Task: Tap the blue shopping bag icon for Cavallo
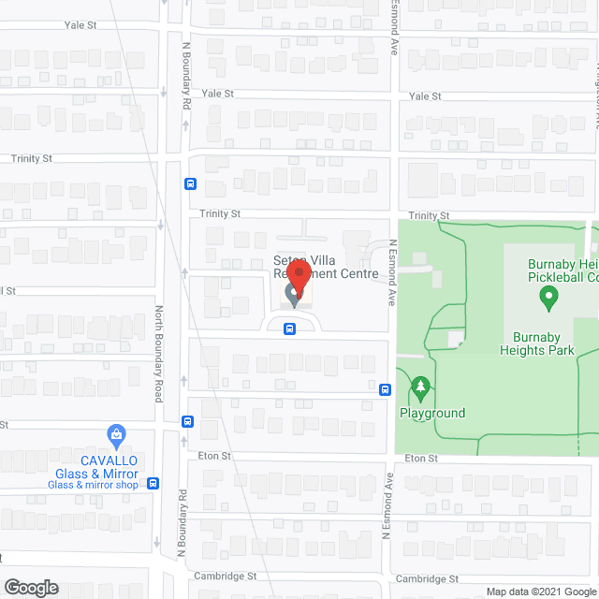pyautogui.click(x=116, y=435)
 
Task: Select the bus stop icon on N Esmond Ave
pyautogui.click(x=385, y=389)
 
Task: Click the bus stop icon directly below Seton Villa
pyautogui.click(x=289, y=329)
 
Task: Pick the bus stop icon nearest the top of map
pyautogui.click(x=190, y=184)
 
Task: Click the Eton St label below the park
pyautogui.click(x=422, y=460)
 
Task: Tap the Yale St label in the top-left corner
pyautogui.click(x=81, y=26)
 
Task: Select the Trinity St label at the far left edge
pyautogui.click(x=32, y=159)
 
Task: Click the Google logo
pyautogui.click(x=30, y=588)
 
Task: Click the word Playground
pyautogui.click(x=432, y=414)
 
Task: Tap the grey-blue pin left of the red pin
pyautogui.click(x=292, y=297)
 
